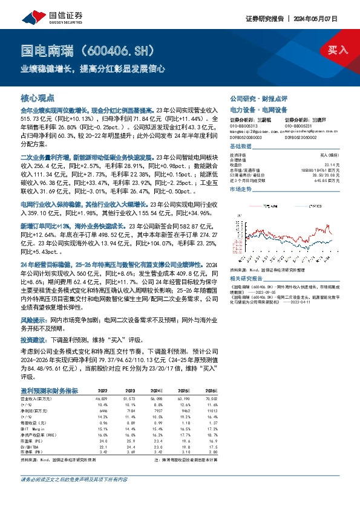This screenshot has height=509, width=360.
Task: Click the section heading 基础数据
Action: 241,148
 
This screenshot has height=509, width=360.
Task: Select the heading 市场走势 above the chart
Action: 241,190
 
